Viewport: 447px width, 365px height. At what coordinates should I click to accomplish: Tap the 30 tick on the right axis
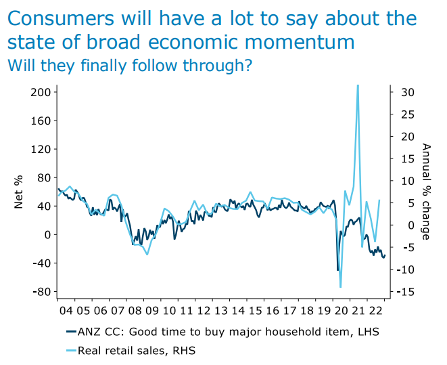[x=401, y=92]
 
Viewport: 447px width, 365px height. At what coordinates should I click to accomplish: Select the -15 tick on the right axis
[x=400, y=292]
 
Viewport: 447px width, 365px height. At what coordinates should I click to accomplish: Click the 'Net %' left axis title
[x=20, y=192]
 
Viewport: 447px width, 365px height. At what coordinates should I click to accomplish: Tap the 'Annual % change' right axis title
[x=425, y=192]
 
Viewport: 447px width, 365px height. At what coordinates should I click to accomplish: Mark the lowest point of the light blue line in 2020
[x=341, y=287]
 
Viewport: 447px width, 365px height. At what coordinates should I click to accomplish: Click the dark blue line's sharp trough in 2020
[x=337, y=270]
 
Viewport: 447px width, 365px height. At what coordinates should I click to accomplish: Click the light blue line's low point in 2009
[x=147, y=254]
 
